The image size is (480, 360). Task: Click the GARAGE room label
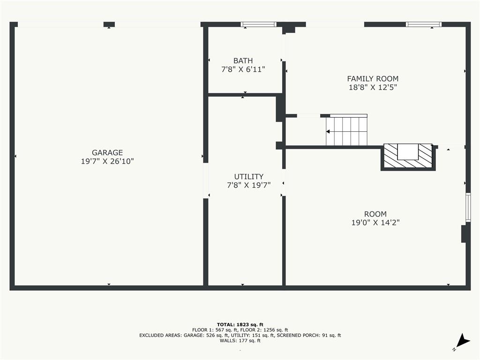click(x=107, y=152)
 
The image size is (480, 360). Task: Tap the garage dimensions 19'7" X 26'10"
click(x=107, y=161)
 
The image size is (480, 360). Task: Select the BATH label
click(x=243, y=60)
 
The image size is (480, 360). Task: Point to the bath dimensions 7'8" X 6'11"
click(x=243, y=69)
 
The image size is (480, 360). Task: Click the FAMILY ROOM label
click(x=373, y=79)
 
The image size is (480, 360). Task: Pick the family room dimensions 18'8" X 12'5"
click(x=373, y=88)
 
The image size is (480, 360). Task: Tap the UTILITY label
click(x=248, y=177)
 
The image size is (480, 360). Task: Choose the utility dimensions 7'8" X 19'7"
click(x=248, y=185)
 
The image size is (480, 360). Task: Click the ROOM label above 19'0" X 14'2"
click(x=375, y=214)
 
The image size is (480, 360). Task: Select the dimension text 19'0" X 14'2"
click(x=375, y=223)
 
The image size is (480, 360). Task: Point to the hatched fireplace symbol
click(x=408, y=157)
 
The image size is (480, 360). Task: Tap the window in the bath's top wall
click(x=258, y=24)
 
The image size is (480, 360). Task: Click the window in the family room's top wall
click(x=424, y=24)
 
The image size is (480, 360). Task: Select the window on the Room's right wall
click(x=468, y=207)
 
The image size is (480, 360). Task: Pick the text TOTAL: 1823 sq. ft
click(x=240, y=324)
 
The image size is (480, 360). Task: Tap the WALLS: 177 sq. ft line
click(x=240, y=340)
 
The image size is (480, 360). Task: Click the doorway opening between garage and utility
click(x=206, y=180)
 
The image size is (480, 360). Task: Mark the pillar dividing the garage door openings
click(x=109, y=24)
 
